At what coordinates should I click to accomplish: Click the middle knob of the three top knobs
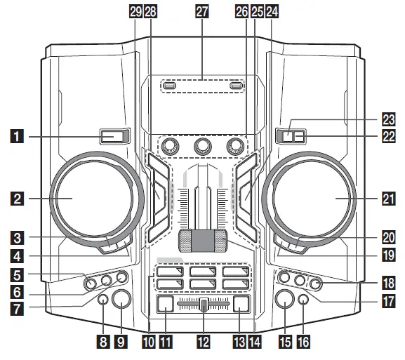[203, 146]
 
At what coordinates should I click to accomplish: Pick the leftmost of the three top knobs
[169, 146]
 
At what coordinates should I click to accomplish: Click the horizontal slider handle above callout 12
[203, 305]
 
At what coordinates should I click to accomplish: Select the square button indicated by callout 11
[164, 305]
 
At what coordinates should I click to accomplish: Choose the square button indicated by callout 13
[242, 305]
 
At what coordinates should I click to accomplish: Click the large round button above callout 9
[121, 300]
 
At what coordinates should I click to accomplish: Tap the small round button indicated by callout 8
[102, 300]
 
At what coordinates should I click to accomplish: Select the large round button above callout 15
[285, 300]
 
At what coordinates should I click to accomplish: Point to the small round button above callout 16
[303, 300]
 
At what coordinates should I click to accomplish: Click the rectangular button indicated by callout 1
[114, 135]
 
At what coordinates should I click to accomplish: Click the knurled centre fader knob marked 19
[203, 239]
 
